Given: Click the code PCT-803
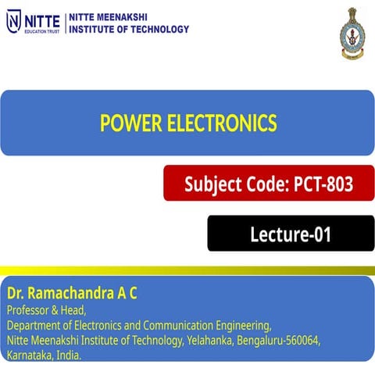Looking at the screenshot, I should point(323,185).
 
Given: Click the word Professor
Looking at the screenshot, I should point(30,310).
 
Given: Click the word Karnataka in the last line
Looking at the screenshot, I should point(29,355).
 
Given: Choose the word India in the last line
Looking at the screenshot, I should point(70,355).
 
